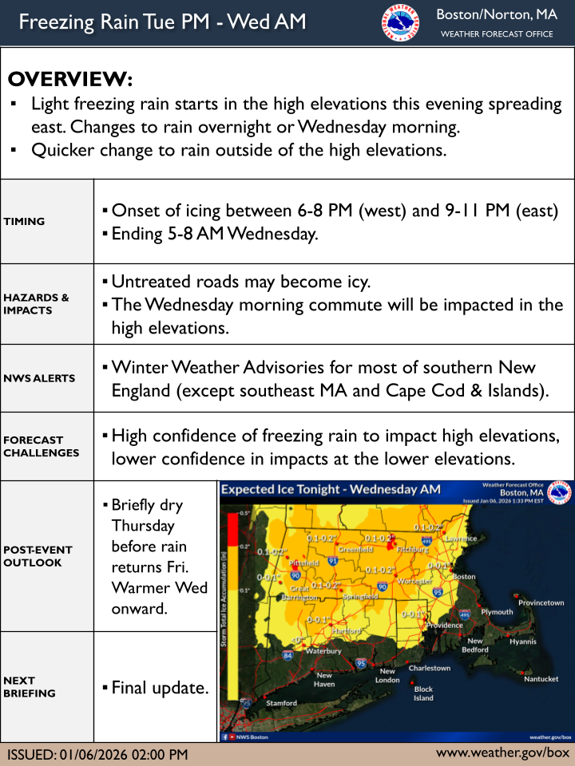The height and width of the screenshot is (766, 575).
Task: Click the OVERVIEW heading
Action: click(x=69, y=80)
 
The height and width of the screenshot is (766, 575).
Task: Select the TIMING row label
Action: click(x=24, y=222)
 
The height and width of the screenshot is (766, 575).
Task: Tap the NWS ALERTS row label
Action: click(x=39, y=378)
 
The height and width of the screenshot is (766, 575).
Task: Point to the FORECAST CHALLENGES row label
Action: click(x=33, y=446)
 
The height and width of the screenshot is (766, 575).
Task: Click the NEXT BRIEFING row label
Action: click(x=30, y=687)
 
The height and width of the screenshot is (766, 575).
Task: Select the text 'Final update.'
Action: click(x=160, y=687)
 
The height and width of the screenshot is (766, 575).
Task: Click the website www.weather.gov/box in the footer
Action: click(x=502, y=753)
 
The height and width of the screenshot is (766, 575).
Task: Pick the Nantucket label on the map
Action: click(x=541, y=679)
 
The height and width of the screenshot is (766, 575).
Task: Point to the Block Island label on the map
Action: click(x=423, y=693)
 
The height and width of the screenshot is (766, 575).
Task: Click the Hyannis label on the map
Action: click(x=523, y=642)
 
